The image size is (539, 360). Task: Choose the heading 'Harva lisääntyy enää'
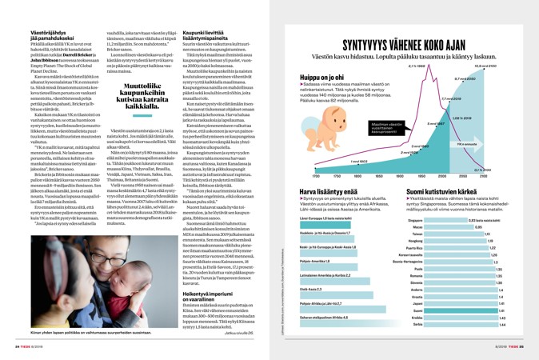(329, 193)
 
